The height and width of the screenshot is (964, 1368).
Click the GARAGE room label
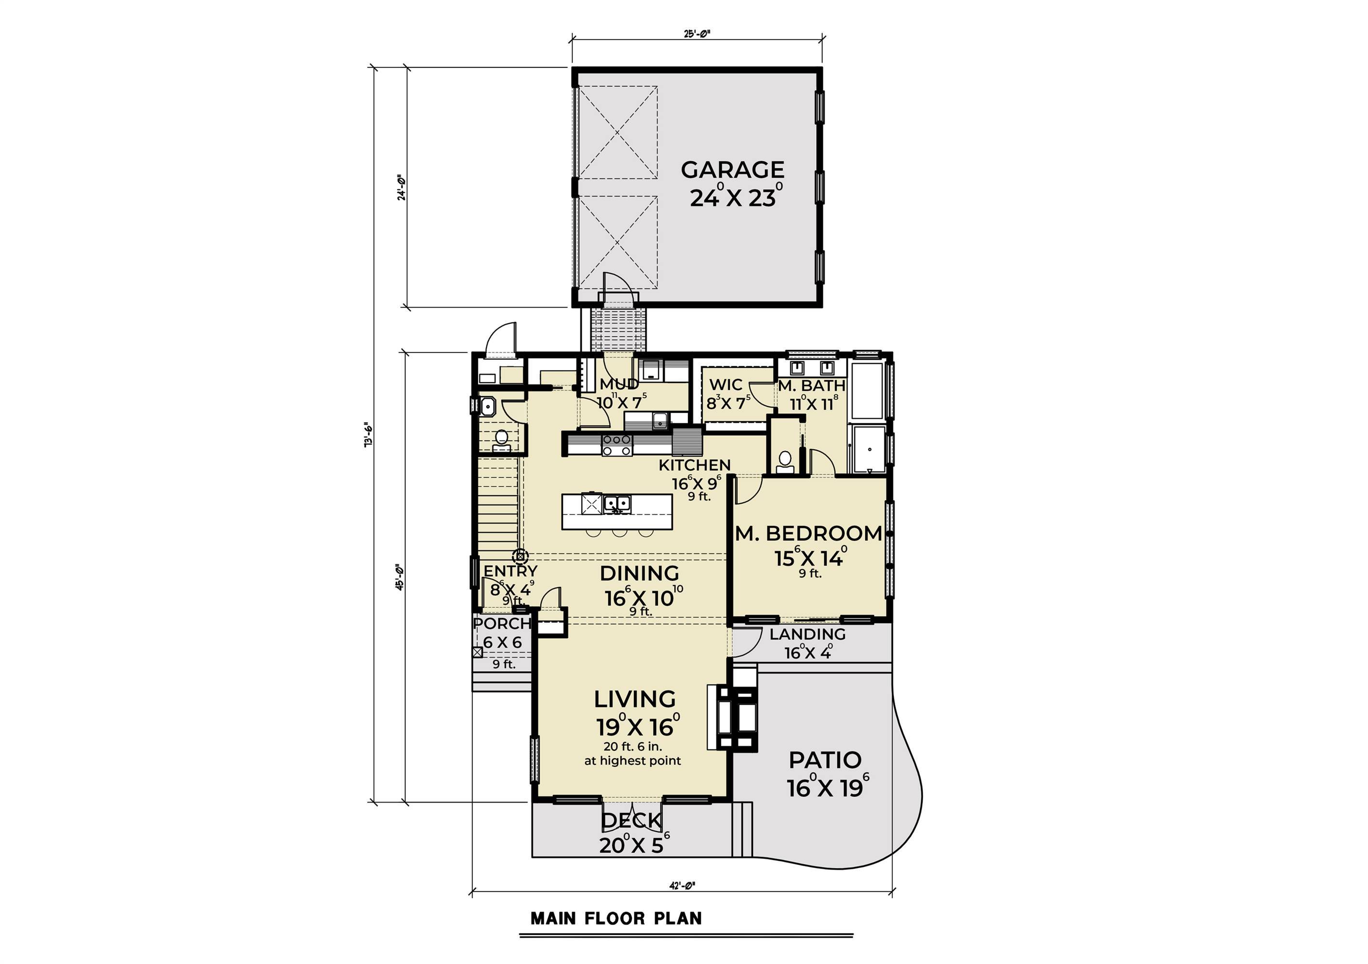tap(732, 170)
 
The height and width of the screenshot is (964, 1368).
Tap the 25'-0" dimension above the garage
tap(697, 34)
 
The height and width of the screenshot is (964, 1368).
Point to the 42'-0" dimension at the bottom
tap(682, 886)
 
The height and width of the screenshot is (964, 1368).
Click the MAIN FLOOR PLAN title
tap(616, 918)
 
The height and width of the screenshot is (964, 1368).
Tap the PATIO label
tap(825, 760)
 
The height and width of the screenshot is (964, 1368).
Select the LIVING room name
tap(634, 699)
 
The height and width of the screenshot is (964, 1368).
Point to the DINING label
tap(639, 573)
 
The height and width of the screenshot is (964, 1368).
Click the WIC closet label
tap(726, 385)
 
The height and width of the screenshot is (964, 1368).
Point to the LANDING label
tap(807, 634)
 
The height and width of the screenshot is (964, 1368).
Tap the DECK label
tap(631, 820)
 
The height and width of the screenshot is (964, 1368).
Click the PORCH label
tap(502, 624)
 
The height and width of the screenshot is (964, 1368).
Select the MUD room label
tap(619, 384)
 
